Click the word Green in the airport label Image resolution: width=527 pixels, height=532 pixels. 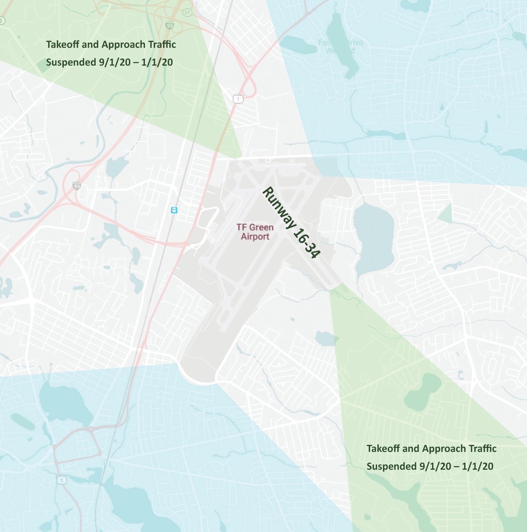[x=261, y=227]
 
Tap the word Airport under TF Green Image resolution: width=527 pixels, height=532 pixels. [x=255, y=237]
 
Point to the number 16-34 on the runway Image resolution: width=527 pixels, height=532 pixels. [x=306, y=243]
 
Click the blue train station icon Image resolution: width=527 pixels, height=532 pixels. [x=174, y=210]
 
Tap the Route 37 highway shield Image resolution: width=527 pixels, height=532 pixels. [x=188, y=13]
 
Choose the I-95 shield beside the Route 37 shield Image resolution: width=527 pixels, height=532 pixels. [x=169, y=26]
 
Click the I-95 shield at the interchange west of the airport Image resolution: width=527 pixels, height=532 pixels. [x=77, y=186]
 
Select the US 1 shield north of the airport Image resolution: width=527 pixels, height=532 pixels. [x=238, y=99]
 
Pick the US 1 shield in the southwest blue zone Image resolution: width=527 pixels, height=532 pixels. [x=62, y=480]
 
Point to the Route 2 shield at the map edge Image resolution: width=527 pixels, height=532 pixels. [x=2, y=21]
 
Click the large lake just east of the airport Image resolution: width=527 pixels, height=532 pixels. [x=373, y=237]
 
